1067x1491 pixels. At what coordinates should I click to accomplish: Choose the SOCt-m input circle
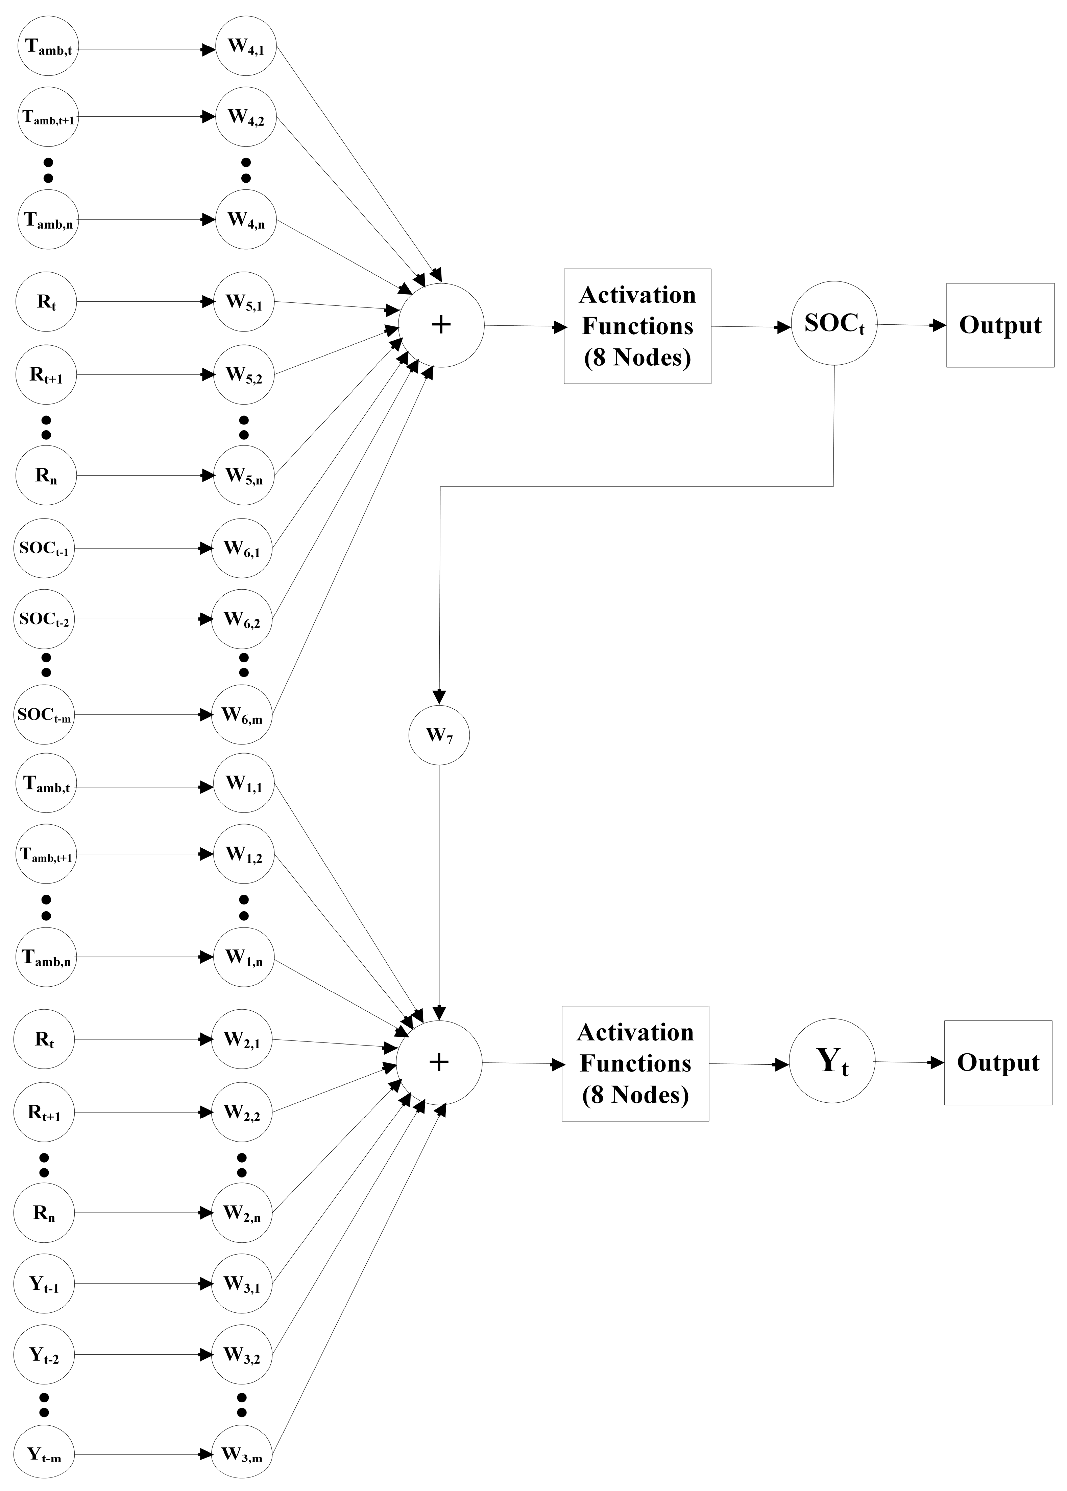44,715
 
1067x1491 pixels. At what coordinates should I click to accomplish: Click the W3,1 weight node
242,1283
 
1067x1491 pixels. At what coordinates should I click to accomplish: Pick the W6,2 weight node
242,619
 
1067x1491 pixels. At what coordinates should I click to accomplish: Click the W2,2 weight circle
242,1112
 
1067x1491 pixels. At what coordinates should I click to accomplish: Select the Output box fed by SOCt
999,325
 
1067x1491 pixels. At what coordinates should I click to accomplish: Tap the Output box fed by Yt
997,1062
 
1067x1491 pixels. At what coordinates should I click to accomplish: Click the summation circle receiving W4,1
441,325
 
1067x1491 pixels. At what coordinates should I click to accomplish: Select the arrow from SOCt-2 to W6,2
141,619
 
